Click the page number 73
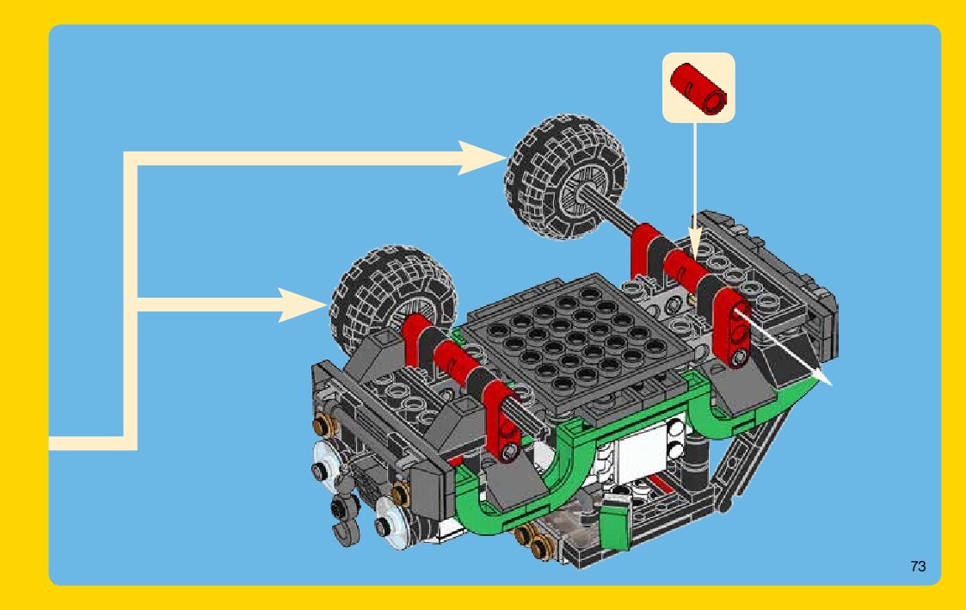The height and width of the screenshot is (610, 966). click(918, 566)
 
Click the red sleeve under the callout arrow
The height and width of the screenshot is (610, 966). click(688, 272)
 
